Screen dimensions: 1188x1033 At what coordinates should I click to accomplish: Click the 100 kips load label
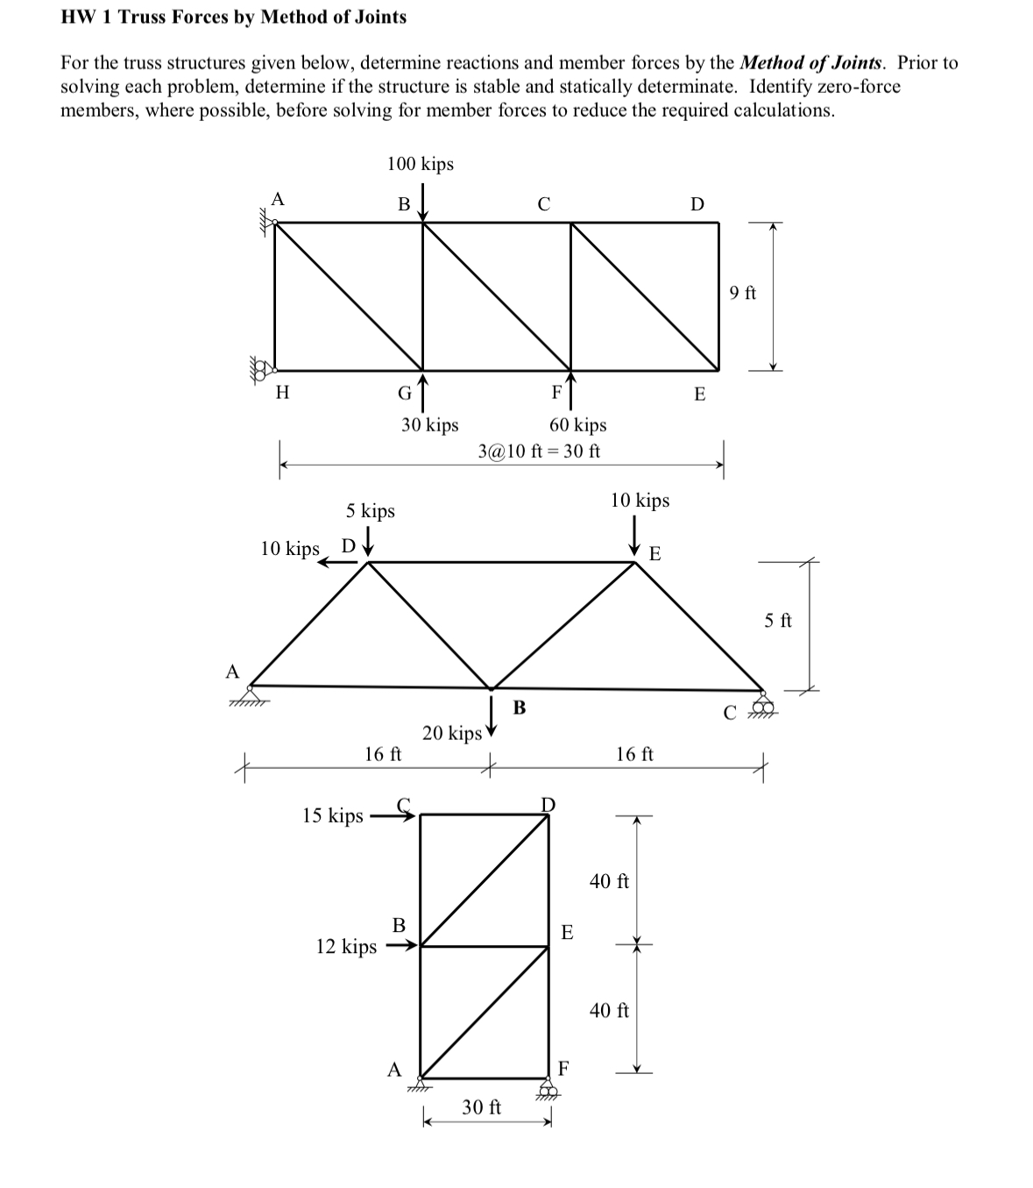421,164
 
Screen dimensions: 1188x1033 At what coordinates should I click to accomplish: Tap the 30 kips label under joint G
430,425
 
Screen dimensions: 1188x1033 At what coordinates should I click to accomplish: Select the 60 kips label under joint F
578,425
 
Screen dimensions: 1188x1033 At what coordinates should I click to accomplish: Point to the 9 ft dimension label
743,293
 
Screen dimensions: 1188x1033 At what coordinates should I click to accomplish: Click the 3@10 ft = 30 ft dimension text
539,452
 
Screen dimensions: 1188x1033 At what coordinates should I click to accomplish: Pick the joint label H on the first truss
282,393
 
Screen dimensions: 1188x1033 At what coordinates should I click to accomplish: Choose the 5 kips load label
371,510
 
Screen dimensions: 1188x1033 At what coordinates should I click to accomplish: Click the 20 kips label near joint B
452,733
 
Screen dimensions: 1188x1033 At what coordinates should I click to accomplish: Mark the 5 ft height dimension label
778,621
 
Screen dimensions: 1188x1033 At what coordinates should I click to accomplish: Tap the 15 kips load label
333,815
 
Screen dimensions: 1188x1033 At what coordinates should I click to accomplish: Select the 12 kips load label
346,946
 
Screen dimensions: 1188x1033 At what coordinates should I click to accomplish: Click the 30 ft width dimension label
482,1107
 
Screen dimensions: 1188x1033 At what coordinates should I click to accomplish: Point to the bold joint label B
519,708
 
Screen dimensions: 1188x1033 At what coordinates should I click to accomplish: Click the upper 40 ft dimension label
610,881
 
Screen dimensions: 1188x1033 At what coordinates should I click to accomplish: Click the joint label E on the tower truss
567,932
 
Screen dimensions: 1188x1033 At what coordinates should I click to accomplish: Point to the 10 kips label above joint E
640,501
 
